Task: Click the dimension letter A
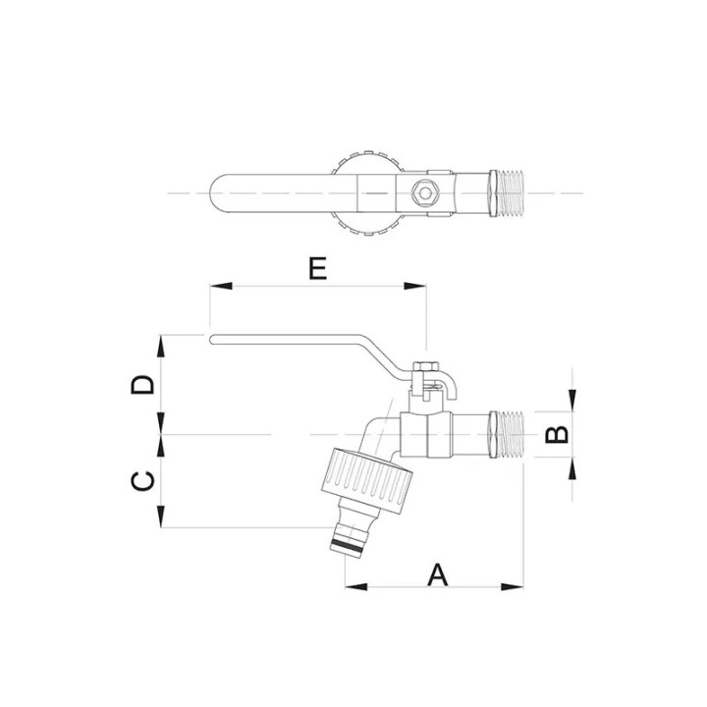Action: (x=437, y=574)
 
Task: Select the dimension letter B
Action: (x=558, y=434)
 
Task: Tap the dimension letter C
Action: (x=142, y=481)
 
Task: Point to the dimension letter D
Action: (x=142, y=385)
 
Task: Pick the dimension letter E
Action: (x=317, y=269)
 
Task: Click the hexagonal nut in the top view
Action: (x=425, y=193)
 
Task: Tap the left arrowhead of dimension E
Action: (x=221, y=286)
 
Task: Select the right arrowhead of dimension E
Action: (x=414, y=286)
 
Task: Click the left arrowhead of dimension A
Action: (x=356, y=587)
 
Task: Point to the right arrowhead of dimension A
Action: (x=513, y=587)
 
